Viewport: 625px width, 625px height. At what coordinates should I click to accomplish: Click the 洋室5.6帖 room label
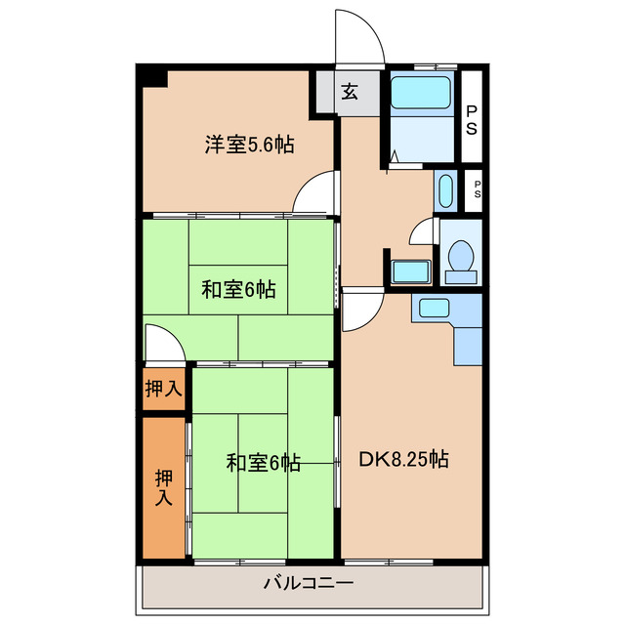coord(249,146)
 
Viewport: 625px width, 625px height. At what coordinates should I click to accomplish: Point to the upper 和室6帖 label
coord(238,290)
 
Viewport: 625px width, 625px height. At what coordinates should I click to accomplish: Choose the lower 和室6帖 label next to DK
coord(263,463)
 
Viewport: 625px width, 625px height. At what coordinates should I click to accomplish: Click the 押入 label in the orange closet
coord(163,485)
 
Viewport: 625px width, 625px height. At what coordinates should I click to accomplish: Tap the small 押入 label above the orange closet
coord(163,389)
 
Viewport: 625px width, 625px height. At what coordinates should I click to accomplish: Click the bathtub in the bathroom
coord(421,93)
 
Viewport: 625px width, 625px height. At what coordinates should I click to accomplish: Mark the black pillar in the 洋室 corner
coord(152,77)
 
